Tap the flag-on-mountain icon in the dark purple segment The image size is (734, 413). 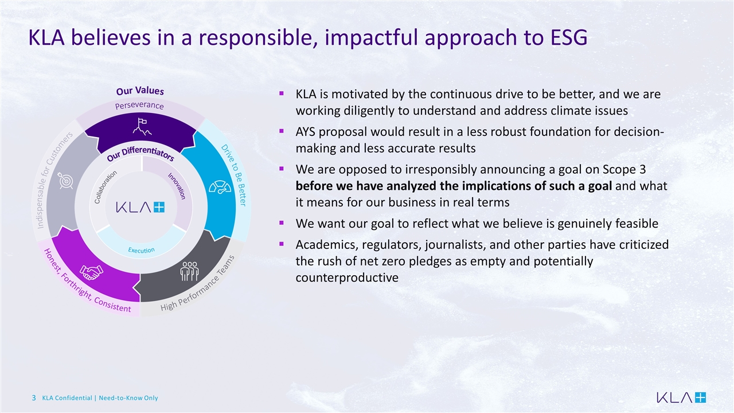142,127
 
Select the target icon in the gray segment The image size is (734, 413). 65,180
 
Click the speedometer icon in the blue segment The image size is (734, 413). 220,187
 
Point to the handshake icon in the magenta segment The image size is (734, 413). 91,272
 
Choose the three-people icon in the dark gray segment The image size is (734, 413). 189,271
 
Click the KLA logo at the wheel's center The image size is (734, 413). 140,207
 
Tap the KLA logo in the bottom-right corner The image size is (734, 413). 681,398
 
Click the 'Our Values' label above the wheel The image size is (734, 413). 140,91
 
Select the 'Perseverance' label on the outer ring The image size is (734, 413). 139,106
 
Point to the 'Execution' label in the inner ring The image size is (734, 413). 141,250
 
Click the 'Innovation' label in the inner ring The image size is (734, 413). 177,186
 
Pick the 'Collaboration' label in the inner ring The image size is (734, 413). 106,187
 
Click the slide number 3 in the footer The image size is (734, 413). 34,398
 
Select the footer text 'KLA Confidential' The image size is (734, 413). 67,398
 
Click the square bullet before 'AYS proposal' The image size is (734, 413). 282,131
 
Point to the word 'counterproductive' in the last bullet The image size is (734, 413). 347,278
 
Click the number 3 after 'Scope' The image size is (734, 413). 642,169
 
